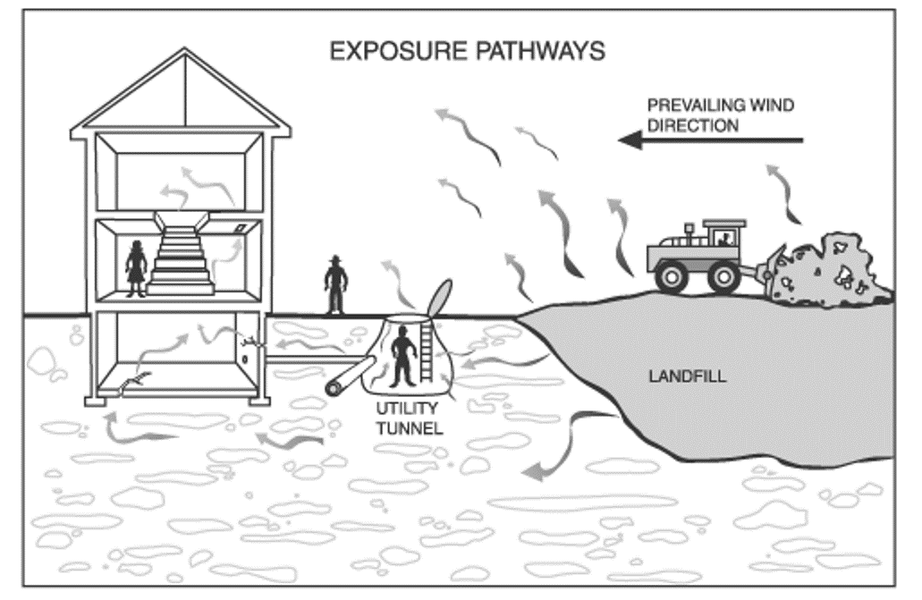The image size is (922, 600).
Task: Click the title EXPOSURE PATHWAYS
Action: pyautogui.click(x=467, y=50)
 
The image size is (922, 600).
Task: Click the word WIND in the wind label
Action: pyautogui.click(x=773, y=106)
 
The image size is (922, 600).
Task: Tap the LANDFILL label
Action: pyautogui.click(x=687, y=376)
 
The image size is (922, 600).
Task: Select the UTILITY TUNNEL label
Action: pyautogui.click(x=409, y=418)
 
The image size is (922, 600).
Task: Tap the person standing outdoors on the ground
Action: pyautogui.click(x=335, y=284)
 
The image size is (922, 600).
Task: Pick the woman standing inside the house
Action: pyautogui.click(x=136, y=267)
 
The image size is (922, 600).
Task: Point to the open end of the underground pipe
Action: pyautogui.click(x=336, y=385)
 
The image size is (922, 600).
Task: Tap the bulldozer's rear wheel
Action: pyautogui.click(x=672, y=275)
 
